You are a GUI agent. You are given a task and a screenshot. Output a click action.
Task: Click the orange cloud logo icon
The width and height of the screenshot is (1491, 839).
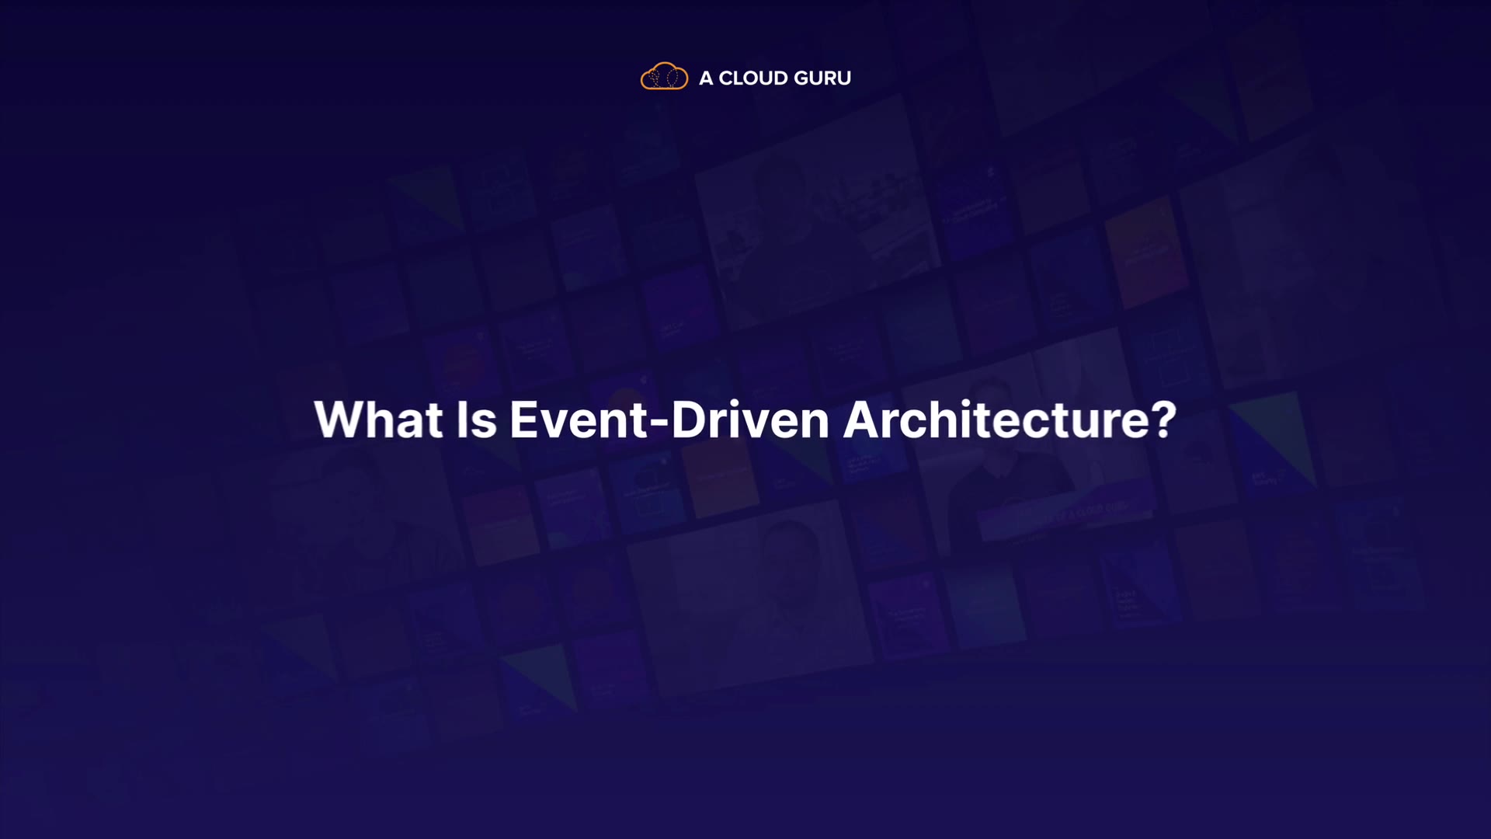click(664, 76)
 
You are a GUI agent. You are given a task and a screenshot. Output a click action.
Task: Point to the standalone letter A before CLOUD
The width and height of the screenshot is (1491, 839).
click(706, 78)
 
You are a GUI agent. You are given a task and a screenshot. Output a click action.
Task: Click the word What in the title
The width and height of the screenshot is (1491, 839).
click(378, 419)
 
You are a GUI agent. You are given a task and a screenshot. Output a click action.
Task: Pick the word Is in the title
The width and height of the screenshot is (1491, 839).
click(476, 419)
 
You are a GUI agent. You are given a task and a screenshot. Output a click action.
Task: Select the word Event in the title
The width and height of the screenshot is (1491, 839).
click(579, 419)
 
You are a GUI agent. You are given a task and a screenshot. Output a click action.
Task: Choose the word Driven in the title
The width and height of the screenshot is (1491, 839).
click(751, 419)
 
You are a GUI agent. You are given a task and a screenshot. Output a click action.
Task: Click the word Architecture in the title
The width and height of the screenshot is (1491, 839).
click(992, 419)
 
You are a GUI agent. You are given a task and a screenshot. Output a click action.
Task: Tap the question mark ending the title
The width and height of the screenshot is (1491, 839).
click(1162, 419)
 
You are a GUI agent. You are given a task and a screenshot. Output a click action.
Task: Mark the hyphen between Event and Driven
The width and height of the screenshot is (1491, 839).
click(659, 423)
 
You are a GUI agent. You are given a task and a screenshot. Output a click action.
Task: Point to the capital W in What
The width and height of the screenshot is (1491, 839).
click(342, 419)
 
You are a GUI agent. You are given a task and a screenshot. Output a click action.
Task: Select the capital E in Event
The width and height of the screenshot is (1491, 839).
click(524, 419)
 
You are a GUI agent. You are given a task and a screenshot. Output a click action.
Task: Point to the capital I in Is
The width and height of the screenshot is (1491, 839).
click(461, 419)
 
